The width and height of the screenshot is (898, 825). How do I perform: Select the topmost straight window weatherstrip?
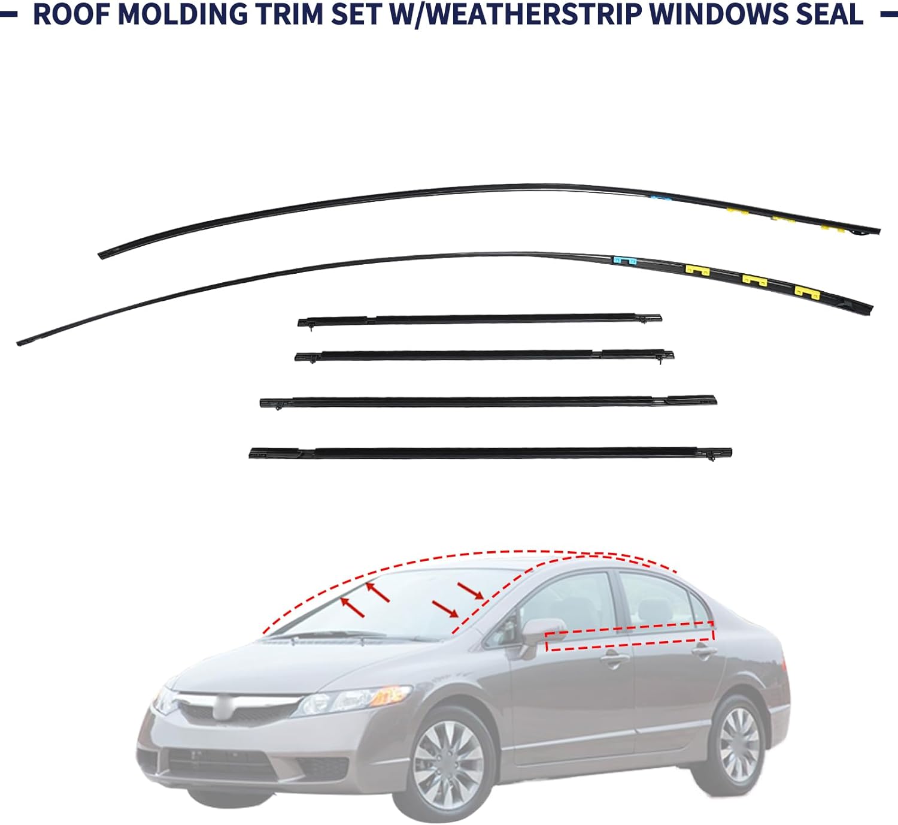(479, 319)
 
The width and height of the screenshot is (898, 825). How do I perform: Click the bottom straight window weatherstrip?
(491, 452)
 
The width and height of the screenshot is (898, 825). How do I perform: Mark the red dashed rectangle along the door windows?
(630, 636)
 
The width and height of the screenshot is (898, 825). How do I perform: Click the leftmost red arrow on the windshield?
(353, 606)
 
